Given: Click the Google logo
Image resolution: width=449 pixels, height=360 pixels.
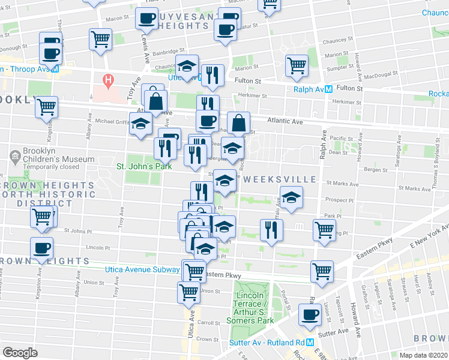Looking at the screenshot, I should pos(20,352).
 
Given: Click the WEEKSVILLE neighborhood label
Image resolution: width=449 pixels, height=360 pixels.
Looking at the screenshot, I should pos(280,179).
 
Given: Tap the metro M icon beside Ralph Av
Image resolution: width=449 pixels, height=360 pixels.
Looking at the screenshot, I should pos(328,90).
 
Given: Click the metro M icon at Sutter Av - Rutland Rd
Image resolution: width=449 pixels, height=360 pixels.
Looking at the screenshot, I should pos(310,343).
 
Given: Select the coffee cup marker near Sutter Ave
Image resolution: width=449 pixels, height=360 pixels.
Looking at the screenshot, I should pos(310,316).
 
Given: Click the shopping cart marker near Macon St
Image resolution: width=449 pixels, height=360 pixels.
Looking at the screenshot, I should pos(100,40).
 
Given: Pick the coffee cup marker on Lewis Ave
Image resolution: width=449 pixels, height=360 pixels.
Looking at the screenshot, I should pos(146,19).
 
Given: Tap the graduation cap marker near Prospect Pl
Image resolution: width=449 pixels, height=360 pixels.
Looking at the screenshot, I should pos(291,197).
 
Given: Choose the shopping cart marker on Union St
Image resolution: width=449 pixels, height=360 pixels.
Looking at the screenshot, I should pos(188,293).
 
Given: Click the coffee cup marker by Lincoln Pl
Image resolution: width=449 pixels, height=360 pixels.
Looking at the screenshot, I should pos(41,248).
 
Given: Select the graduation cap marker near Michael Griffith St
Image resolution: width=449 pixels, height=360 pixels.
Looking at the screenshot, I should pos(141,125).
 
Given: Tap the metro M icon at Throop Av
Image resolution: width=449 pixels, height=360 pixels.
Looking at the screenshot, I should pos(55,69).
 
